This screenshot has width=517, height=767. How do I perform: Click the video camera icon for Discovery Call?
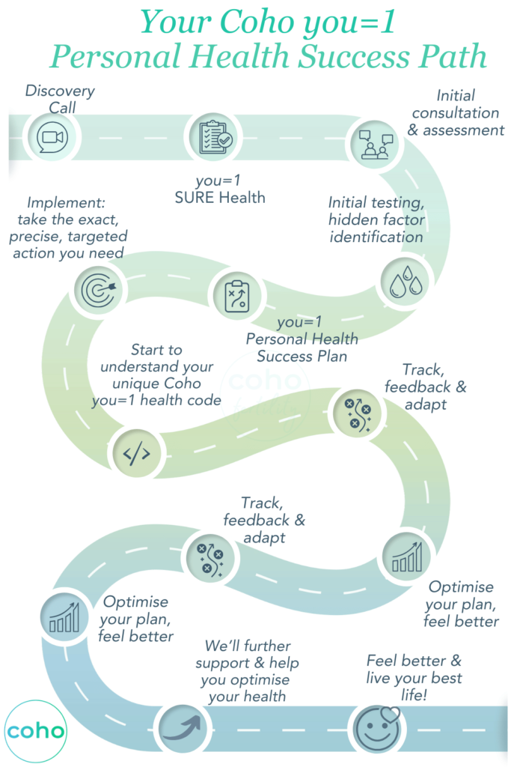point(52,137)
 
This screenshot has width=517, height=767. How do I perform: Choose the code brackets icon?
point(135,453)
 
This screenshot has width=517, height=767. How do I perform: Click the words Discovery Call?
point(60,99)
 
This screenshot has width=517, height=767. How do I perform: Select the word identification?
point(376,236)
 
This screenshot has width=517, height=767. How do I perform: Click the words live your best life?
point(414,687)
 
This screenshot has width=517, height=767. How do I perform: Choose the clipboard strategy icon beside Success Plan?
point(236,296)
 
